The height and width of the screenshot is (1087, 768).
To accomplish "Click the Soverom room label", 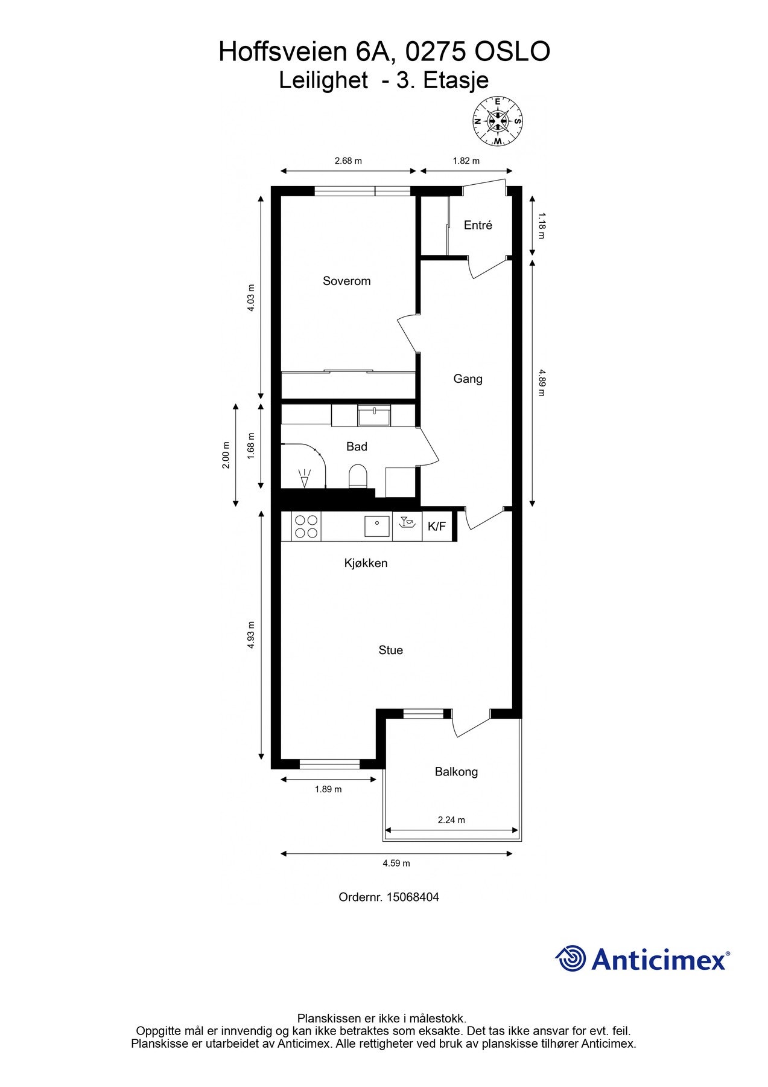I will click(x=346, y=281).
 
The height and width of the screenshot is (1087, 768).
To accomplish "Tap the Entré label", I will click(x=478, y=225).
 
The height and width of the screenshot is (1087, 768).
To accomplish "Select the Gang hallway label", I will click(x=468, y=379).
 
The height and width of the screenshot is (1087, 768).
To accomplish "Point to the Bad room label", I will click(x=357, y=446).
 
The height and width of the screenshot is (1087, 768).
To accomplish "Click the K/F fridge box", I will click(x=437, y=527).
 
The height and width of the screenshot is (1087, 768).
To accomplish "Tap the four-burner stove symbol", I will click(x=306, y=527).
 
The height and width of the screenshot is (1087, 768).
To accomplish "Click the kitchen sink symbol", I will click(x=377, y=526).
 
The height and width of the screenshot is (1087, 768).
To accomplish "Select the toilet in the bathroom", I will click(x=358, y=476).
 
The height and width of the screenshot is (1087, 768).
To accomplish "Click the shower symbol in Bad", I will click(x=305, y=478).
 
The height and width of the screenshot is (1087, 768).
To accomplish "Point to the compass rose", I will click(x=497, y=121).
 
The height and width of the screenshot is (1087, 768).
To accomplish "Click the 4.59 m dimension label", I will click(x=396, y=863).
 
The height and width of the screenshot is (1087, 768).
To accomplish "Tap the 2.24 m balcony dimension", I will click(x=451, y=819).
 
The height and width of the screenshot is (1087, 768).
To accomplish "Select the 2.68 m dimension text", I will click(x=348, y=161).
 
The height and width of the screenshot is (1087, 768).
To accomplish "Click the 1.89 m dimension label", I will click(x=328, y=789).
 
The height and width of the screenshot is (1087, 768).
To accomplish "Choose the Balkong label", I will click(x=456, y=771).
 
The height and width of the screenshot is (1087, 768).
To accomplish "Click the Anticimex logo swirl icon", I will click(x=571, y=958).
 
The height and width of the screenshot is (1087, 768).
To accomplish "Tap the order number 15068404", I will click(x=413, y=897).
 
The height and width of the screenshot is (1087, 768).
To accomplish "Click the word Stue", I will click(x=390, y=650).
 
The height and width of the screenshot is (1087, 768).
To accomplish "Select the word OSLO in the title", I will click(x=512, y=52).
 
